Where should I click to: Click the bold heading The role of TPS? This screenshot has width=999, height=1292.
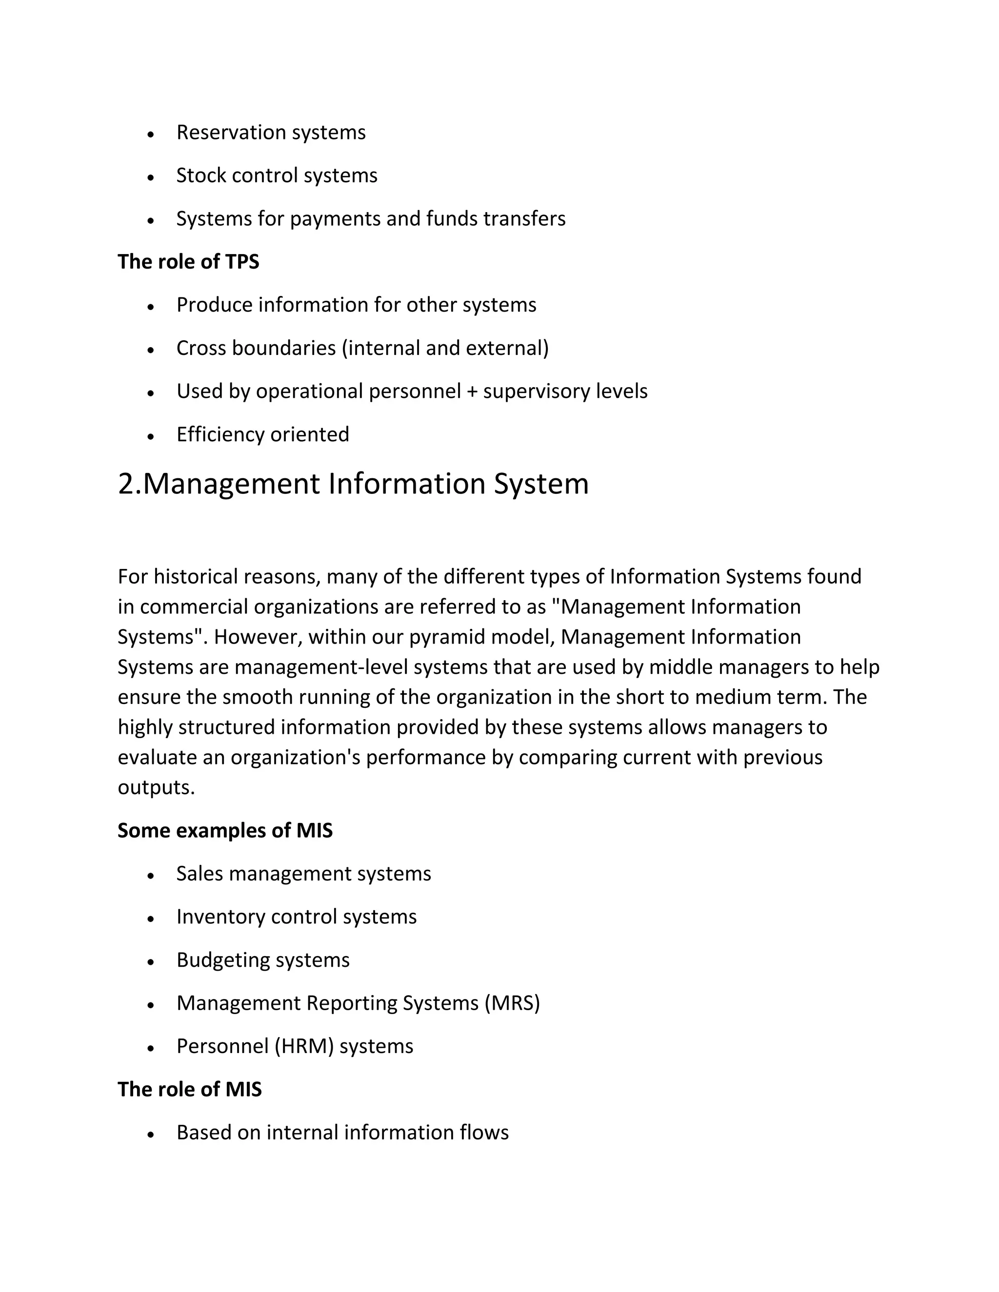188,261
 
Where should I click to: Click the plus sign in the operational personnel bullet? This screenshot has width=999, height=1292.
472,392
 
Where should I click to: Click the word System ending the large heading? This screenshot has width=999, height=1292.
541,484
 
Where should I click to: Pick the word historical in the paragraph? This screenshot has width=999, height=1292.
194,576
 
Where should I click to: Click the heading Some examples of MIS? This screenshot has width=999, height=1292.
225,831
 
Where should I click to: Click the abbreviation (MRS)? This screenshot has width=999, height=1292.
512,1003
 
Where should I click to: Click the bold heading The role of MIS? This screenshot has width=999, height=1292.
189,1090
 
